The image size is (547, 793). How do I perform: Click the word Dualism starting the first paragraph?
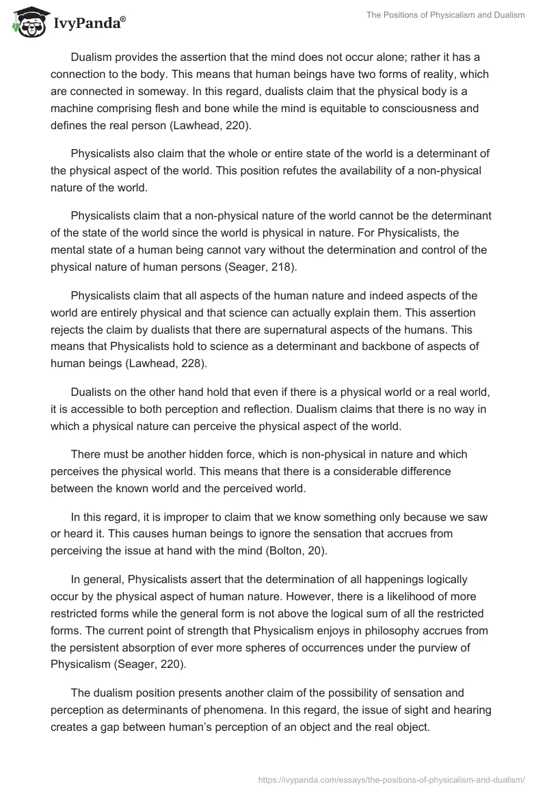point(93,57)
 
